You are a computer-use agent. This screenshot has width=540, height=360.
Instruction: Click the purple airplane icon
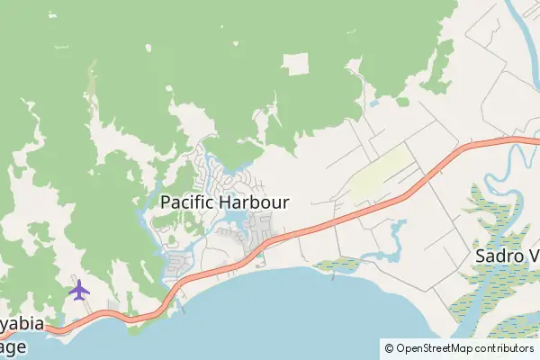tap(79, 290)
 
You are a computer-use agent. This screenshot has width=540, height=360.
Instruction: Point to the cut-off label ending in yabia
tap(20, 325)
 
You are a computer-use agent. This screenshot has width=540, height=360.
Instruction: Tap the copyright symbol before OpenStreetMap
tap(389, 347)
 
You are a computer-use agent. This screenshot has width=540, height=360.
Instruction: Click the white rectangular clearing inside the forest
tap(295, 65)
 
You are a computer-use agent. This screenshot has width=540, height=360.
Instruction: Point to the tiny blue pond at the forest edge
tap(373, 103)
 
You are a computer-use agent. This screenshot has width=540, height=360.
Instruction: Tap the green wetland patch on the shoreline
tap(337, 264)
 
